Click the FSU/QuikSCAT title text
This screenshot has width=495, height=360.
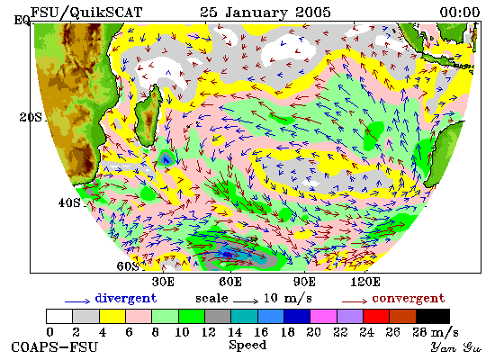click(86, 13)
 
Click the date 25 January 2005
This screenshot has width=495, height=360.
click(265, 13)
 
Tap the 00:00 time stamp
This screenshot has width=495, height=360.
click(460, 13)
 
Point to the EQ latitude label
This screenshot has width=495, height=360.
click(22, 21)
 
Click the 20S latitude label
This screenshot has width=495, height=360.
click(31, 118)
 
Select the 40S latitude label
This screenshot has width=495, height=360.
click(69, 202)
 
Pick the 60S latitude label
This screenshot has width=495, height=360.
click(128, 266)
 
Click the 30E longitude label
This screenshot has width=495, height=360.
click(163, 282)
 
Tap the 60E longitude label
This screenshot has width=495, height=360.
click(230, 282)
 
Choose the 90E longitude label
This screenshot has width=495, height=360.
click(304, 282)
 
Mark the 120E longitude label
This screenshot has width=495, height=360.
click(365, 282)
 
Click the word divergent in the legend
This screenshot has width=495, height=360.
click(126, 299)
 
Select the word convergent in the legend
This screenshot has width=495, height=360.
click(409, 299)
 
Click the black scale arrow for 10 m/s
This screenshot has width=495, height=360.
click(246, 301)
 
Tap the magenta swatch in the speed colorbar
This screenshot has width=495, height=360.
click(323, 317)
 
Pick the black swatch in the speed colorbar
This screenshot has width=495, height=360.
click(433, 317)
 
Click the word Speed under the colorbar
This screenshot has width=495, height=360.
click(247, 346)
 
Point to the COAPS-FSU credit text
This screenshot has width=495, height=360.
click(55, 347)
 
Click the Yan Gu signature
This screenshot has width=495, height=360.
click(456, 347)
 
